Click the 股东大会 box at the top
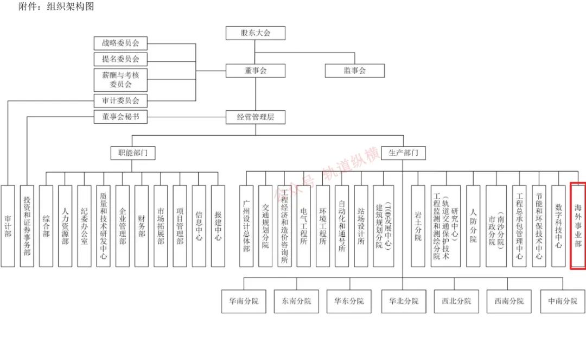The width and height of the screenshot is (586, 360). [x=255, y=33]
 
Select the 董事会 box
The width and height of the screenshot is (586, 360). [x=255, y=71]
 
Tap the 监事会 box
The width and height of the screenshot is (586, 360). [x=355, y=71]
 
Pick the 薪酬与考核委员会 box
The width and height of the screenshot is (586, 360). [x=120, y=79]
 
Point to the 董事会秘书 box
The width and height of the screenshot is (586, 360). [x=120, y=116]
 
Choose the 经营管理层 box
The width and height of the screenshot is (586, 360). [x=255, y=116]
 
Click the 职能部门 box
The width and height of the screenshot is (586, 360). [x=132, y=153]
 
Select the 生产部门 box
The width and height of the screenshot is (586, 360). [x=403, y=153]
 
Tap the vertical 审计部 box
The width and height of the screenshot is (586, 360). [x=8, y=225]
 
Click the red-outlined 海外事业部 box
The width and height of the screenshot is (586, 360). [x=577, y=225]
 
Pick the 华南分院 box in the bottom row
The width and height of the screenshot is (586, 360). [x=244, y=301]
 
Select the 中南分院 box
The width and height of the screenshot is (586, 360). [x=563, y=301]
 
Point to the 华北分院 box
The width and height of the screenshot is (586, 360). [x=403, y=301]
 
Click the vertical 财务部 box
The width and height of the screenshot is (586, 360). [x=141, y=225]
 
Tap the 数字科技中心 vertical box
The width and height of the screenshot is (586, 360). [x=558, y=225]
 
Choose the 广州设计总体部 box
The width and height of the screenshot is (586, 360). [x=246, y=225]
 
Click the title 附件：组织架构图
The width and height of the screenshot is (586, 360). [x=56, y=7]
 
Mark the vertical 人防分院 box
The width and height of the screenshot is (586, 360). [x=473, y=225]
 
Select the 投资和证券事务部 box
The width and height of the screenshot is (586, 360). [x=27, y=225]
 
